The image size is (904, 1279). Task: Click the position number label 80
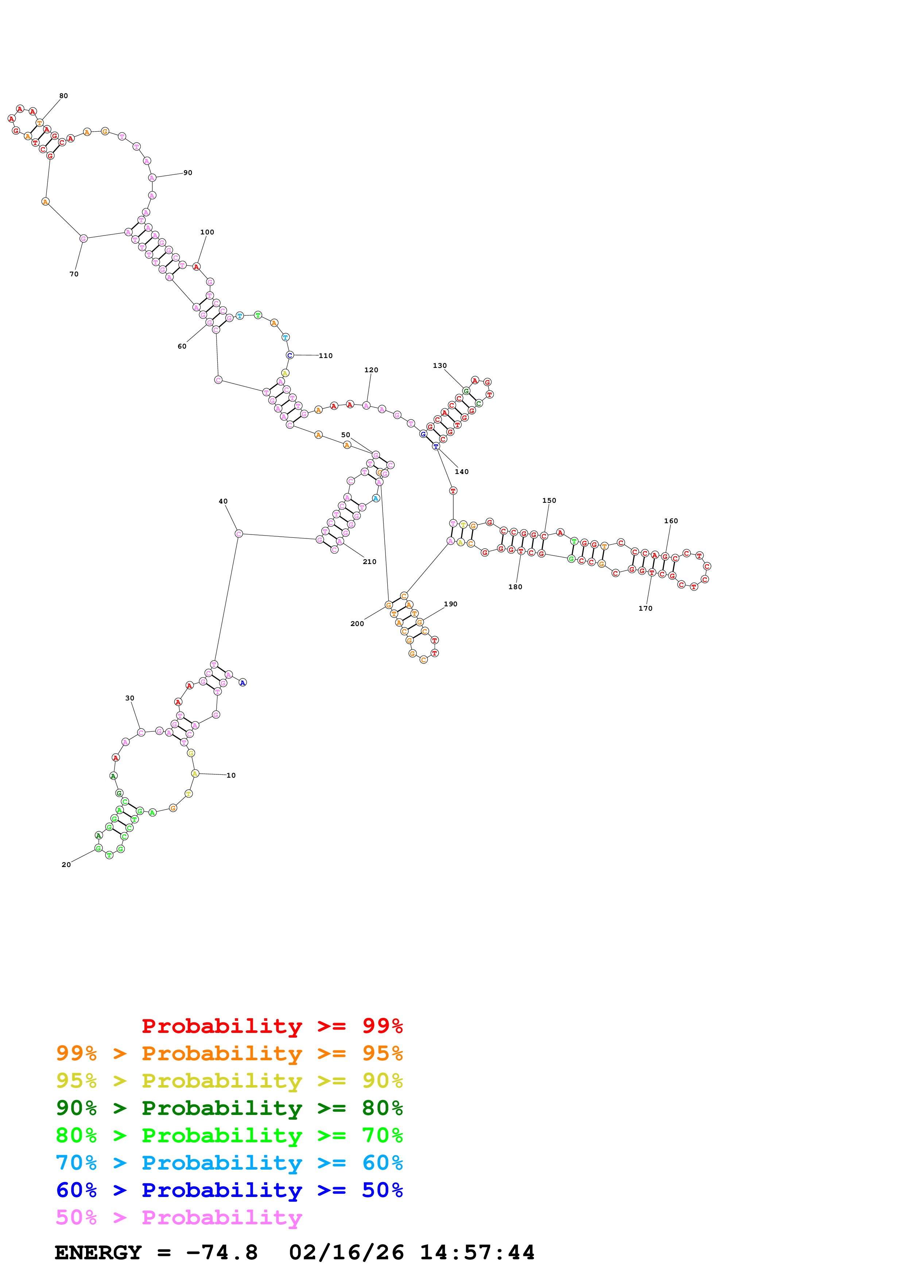(x=63, y=96)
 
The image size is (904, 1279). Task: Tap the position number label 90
(x=188, y=173)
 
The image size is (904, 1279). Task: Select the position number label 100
(x=207, y=232)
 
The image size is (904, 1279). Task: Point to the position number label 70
(x=74, y=274)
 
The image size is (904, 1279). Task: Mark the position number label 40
(x=223, y=501)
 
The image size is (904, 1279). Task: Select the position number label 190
(x=451, y=604)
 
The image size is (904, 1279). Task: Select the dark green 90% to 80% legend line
(x=229, y=1108)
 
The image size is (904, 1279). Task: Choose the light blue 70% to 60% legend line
(x=229, y=1163)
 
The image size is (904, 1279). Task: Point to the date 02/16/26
(x=346, y=1253)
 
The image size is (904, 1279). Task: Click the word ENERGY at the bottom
(x=98, y=1253)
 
